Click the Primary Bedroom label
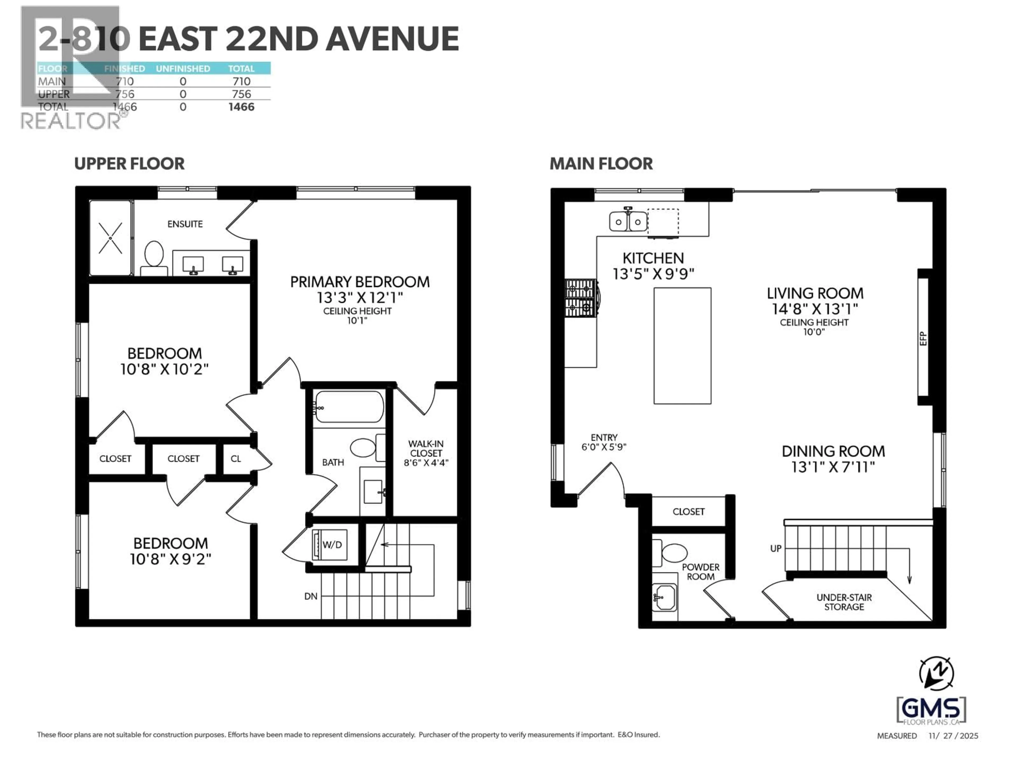pyautogui.click(x=360, y=282)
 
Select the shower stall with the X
pyautogui.click(x=110, y=238)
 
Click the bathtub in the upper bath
pyautogui.click(x=349, y=406)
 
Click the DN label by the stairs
pyautogui.click(x=311, y=596)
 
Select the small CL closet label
pyautogui.click(x=235, y=459)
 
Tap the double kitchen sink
pyautogui.click(x=628, y=222)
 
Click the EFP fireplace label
pyautogui.click(x=923, y=338)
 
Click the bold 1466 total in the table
pyautogui.click(x=241, y=107)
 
